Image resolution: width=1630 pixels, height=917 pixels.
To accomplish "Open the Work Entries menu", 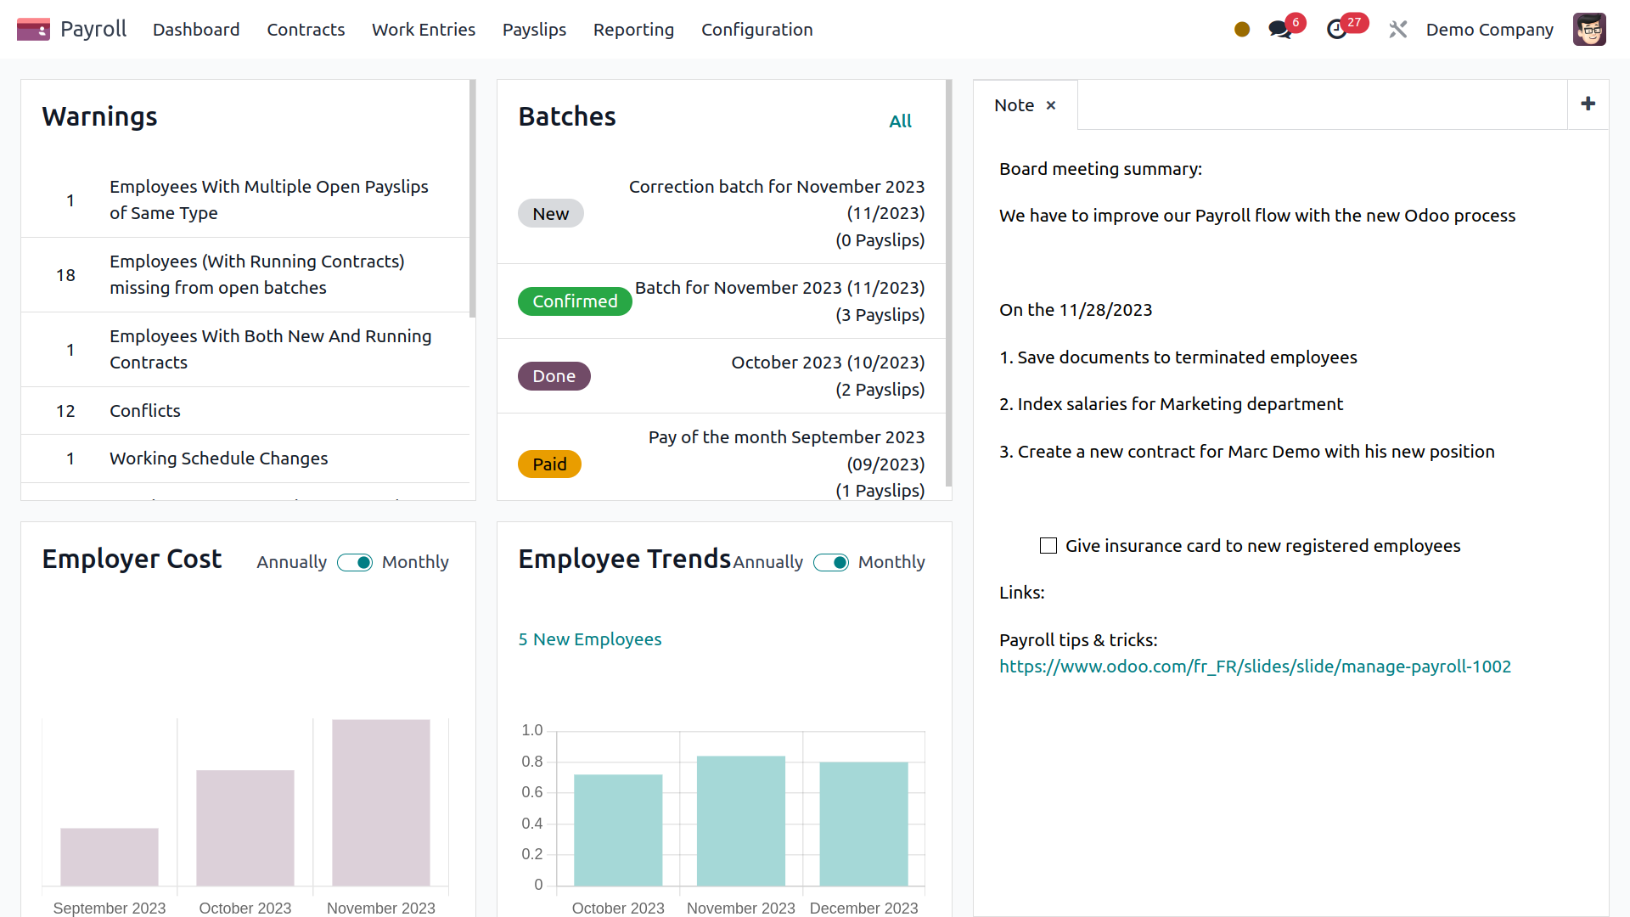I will pyautogui.click(x=423, y=30).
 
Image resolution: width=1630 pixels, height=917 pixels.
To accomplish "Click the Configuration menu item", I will pyautogui.click(x=756, y=30).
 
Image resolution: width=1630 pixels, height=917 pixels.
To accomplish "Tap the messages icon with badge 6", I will pyautogui.click(x=1279, y=30).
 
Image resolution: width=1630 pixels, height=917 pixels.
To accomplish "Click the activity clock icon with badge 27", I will pyautogui.click(x=1337, y=30).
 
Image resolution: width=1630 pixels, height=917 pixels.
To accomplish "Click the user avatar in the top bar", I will pyautogui.click(x=1588, y=30).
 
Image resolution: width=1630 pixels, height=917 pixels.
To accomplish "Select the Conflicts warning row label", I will pyautogui.click(x=145, y=411).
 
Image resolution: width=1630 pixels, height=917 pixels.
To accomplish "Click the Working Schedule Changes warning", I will pyautogui.click(x=218, y=458).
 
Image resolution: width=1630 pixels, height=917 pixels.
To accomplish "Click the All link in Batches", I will pyautogui.click(x=900, y=121).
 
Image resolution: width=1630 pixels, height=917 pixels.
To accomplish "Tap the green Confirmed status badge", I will pyautogui.click(x=575, y=301).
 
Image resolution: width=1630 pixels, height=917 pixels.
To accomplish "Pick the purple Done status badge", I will pyautogui.click(x=554, y=376).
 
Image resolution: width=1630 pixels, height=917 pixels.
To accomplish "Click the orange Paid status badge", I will pyautogui.click(x=549, y=464).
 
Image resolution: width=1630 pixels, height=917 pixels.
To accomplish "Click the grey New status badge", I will pyautogui.click(x=550, y=214).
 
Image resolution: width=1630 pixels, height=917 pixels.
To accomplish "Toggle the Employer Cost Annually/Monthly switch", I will pyautogui.click(x=355, y=563).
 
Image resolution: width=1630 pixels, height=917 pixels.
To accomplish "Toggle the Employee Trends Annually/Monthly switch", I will pyautogui.click(x=831, y=563).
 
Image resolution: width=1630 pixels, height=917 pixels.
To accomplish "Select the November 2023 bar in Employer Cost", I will pyautogui.click(x=380, y=802).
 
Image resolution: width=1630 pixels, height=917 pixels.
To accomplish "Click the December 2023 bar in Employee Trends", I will pyautogui.click(x=863, y=824).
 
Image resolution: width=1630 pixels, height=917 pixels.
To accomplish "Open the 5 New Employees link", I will pyautogui.click(x=589, y=639).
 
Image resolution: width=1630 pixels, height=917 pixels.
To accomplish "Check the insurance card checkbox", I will pyautogui.click(x=1048, y=546).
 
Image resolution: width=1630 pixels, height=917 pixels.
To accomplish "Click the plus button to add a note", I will pyautogui.click(x=1588, y=104).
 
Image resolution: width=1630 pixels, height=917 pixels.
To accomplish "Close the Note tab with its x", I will pyautogui.click(x=1051, y=105).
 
